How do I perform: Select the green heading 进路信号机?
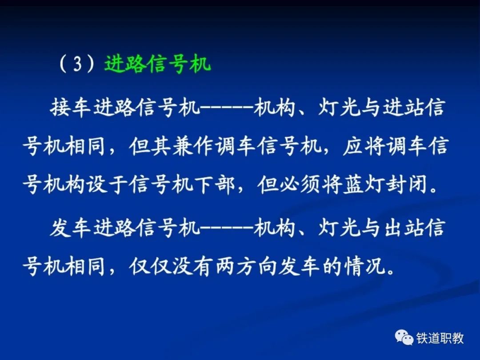[157, 64]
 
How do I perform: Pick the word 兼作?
[192, 146]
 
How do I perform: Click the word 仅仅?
[150, 267]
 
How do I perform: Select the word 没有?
[192, 267]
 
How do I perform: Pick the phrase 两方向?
[246, 267]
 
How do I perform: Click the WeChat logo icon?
[404, 338]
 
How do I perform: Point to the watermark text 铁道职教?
[440, 338]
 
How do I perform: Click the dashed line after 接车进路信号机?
[228, 108]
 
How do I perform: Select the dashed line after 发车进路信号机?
[228, 228]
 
